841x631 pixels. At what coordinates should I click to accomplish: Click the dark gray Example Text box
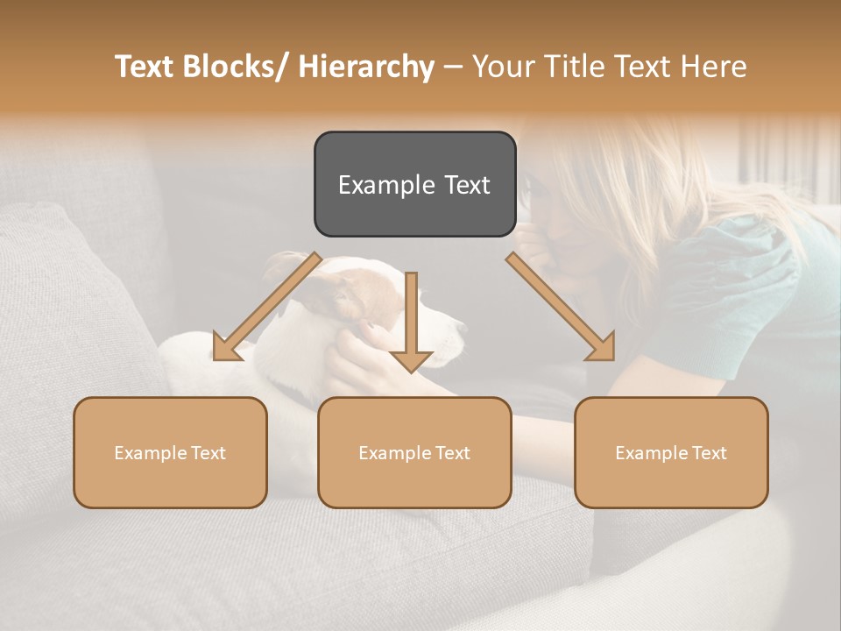[x=414, y=184]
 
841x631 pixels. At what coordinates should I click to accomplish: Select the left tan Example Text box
[x=170, y=452]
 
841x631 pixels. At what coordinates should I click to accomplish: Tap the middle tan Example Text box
[x=414, y=452]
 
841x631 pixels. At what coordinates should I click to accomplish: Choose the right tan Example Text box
[x=671, y=452]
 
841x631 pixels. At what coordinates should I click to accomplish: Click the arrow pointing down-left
[x=263, y=308]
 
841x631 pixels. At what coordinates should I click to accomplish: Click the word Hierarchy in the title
[x=366, y=67]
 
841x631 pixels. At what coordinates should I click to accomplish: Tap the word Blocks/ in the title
[x=236, y=67]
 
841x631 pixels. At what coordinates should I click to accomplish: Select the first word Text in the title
[x=145, y=67]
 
